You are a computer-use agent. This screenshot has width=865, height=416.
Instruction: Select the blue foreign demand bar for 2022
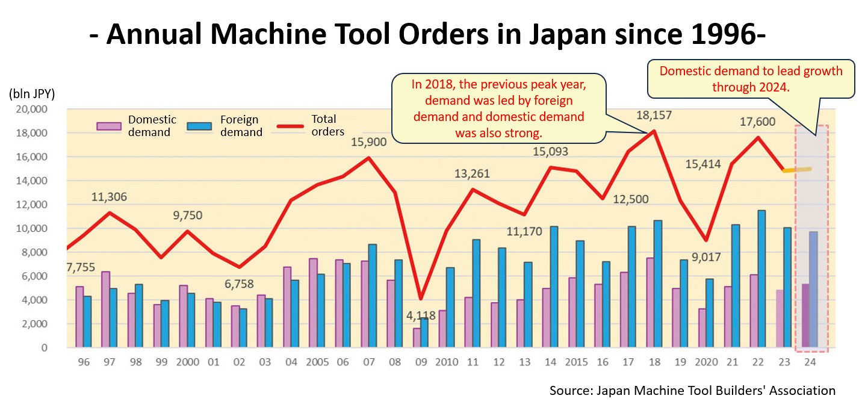point(761,279)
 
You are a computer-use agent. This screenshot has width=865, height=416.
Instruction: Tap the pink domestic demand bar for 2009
point(417,338)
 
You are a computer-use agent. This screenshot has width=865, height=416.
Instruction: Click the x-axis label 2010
point(446,362)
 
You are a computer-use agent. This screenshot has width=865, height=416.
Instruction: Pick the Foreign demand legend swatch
point(199,126)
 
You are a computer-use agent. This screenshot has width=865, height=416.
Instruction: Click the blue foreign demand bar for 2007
point(373,296)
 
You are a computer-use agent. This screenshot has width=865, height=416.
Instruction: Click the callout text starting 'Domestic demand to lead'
point(751,78)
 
